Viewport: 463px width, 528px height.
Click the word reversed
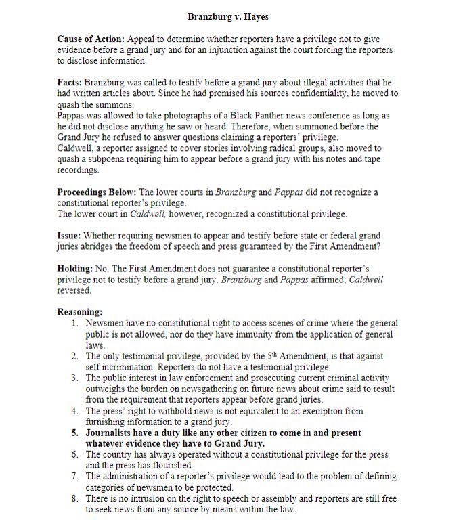coord(73,290)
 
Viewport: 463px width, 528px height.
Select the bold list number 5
coord(75,433)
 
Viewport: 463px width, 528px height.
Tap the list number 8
coord(75,498)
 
